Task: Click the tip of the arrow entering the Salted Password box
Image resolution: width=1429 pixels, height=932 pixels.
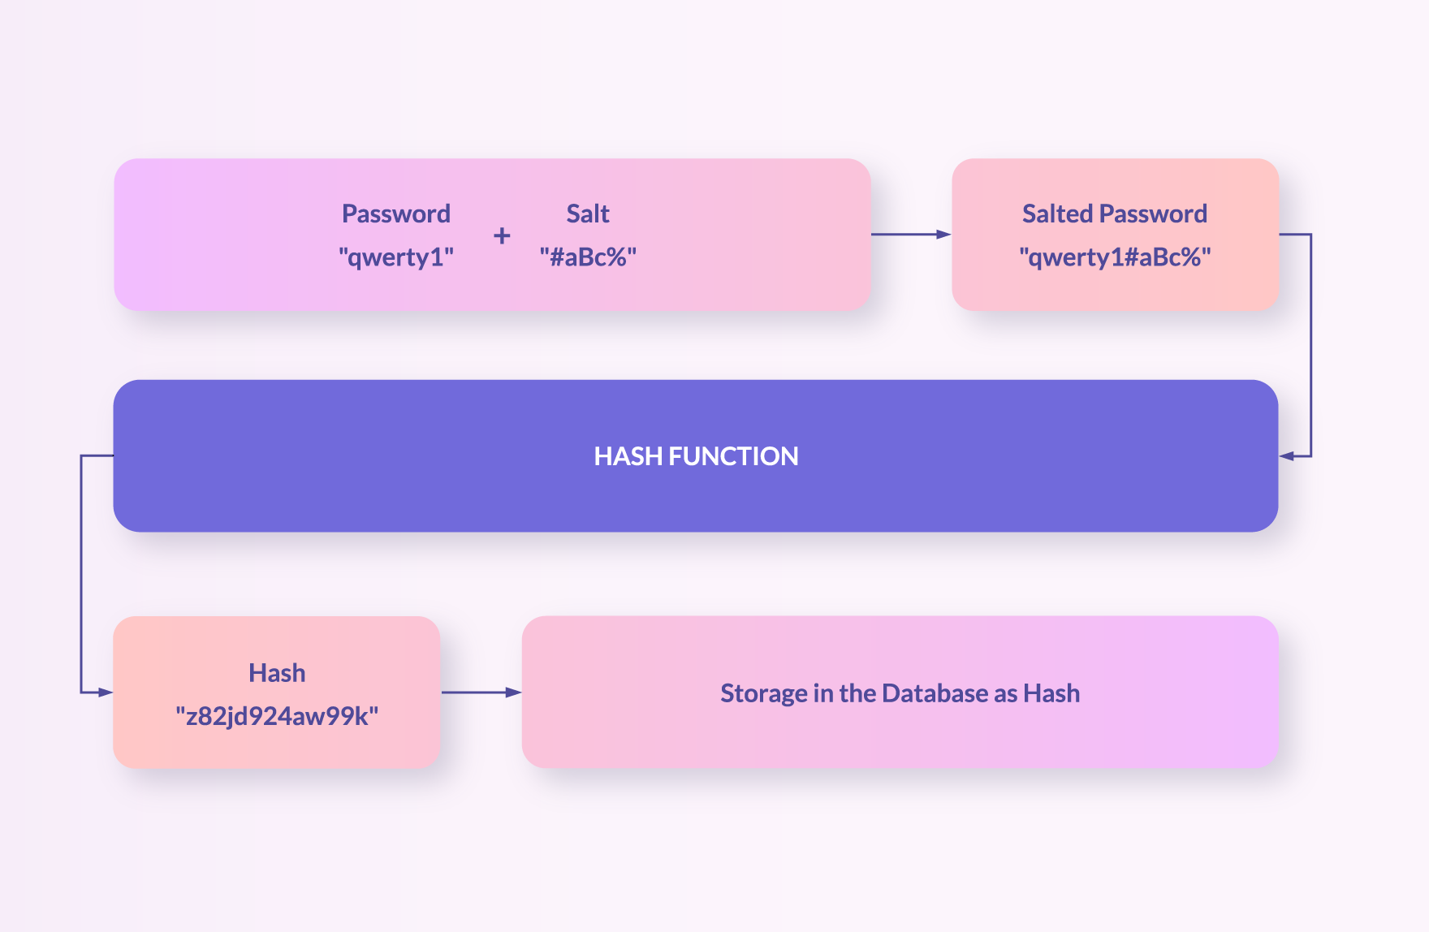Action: point(951,235)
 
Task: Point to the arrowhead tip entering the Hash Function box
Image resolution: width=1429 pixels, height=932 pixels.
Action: point(1280,456)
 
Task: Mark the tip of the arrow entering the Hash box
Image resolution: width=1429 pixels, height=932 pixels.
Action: point(113,693)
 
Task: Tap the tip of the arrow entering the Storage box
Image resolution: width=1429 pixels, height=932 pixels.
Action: point(521,693)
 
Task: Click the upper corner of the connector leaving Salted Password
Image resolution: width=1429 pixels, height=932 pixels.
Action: point(1311,235)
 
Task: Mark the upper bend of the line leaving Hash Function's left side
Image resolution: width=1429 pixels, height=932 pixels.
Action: point(81,455)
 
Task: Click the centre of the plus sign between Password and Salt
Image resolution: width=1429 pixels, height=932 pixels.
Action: point(502,235)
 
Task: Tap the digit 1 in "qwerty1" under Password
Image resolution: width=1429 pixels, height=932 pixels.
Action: point(436,257)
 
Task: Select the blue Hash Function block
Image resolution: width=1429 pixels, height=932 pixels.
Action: point(696,455)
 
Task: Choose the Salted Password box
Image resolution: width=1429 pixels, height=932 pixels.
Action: point(1116,235)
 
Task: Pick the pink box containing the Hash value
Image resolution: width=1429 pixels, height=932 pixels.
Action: point(277,693)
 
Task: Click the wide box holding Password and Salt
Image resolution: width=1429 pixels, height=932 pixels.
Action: point(492,235)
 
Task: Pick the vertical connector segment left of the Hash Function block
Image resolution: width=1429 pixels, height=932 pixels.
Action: point(81,574)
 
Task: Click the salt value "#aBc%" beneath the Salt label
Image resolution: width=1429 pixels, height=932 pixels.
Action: point(588,257)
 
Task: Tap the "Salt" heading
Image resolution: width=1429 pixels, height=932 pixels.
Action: point(588,214)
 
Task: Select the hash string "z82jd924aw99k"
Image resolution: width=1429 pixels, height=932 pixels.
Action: point(277,716)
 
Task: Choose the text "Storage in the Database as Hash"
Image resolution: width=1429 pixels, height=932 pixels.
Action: point(900,693)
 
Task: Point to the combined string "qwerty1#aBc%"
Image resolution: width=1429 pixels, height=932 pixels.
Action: point(1116,257)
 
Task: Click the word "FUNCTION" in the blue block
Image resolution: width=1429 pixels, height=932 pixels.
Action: point(733,456)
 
